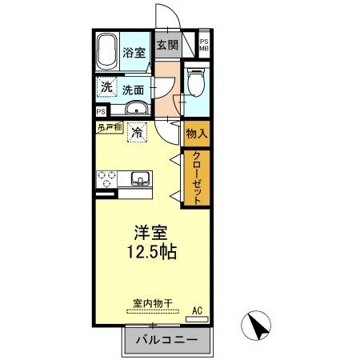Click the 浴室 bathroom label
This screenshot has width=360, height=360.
pyautogui.click(x=134, y=54)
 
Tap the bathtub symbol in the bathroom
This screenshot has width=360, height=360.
pyautogui.click(x=106, y=54)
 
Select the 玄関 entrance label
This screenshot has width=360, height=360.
pyautogui.click(x=166, y=46)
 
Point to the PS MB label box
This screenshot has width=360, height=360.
pyautogui.click(x=204, y=46)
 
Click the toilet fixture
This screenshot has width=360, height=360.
pyautogui.click(x=195, y=82)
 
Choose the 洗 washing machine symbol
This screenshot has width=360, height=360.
pyautogui.click(x=106, y=86)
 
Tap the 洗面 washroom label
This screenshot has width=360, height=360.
pyautogui.click(x=134, y=90)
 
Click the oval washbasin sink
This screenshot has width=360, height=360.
pyautogui.click(x=137, y=110)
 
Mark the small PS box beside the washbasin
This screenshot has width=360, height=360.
pyautogui.click(x=101, y=112)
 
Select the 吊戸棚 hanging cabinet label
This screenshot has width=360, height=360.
pyautogui.click(x=110, y=127)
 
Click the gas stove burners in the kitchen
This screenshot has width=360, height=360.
pyautogui.click(x=108, y=177)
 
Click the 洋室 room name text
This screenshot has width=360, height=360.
pyautogui.click(x=150, y=233)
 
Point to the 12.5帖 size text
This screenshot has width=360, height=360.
pyautogui.click(x=150, y=251)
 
